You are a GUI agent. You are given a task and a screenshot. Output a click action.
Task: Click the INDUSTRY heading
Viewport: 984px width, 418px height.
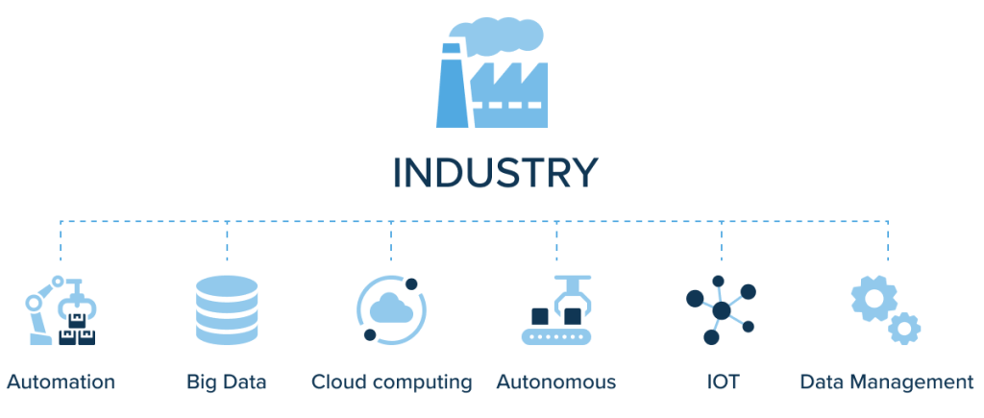[x=495, y=173]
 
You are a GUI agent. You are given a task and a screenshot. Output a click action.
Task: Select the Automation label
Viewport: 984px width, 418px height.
[x=61, y=381]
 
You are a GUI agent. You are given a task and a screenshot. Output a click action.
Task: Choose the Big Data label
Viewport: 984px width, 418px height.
[x=226, y=381]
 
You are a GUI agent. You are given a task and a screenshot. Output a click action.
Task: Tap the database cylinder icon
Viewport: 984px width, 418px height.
[x=227, y=310]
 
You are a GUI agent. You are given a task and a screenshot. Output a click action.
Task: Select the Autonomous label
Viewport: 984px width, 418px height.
[x=556, y=381]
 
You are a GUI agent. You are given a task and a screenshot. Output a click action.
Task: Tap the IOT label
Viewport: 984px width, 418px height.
[x=722, y=381]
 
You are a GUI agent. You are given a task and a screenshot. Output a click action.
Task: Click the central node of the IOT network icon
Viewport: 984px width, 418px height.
[x=720, y=309]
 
